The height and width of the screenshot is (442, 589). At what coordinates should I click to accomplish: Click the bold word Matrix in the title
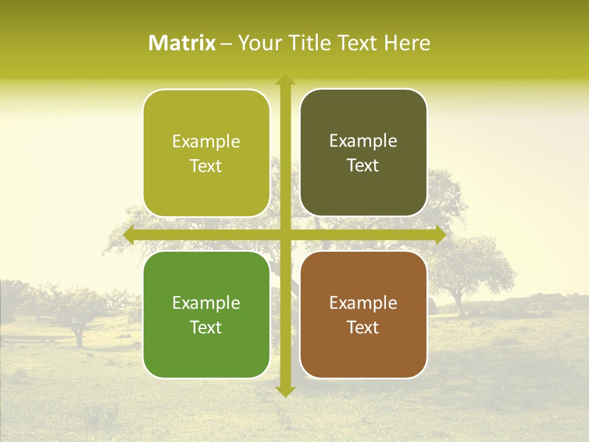click(x=182, y=43)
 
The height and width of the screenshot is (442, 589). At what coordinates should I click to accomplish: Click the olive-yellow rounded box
click(x=206, y=153)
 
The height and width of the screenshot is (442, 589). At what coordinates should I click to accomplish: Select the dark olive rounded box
click(x=363, y=153)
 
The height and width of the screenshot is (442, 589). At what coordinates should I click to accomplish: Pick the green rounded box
click(x=206, y=314)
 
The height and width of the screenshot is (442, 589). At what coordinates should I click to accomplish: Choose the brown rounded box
click(x=363, y=314)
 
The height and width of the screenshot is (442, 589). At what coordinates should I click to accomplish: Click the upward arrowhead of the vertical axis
click(x=285, y=80)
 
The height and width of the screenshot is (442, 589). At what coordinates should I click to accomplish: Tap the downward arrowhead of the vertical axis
click(x=285, y=391)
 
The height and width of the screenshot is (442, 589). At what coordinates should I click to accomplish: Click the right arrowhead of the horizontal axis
click(x=440, y=235)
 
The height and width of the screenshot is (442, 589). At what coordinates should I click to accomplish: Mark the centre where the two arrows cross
click(x=285, y=235)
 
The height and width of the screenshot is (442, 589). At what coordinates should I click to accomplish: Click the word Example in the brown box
click(x=363, y=303)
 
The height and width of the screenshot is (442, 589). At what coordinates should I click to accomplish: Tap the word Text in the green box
click(x=206, y=327)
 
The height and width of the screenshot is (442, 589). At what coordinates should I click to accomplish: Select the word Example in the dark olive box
click(x=363, y=141)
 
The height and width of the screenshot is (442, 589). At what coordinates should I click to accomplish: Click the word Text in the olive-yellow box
click(x=206, y=166)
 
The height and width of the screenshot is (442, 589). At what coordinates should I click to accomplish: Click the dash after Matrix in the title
click(x=226, y=44)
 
